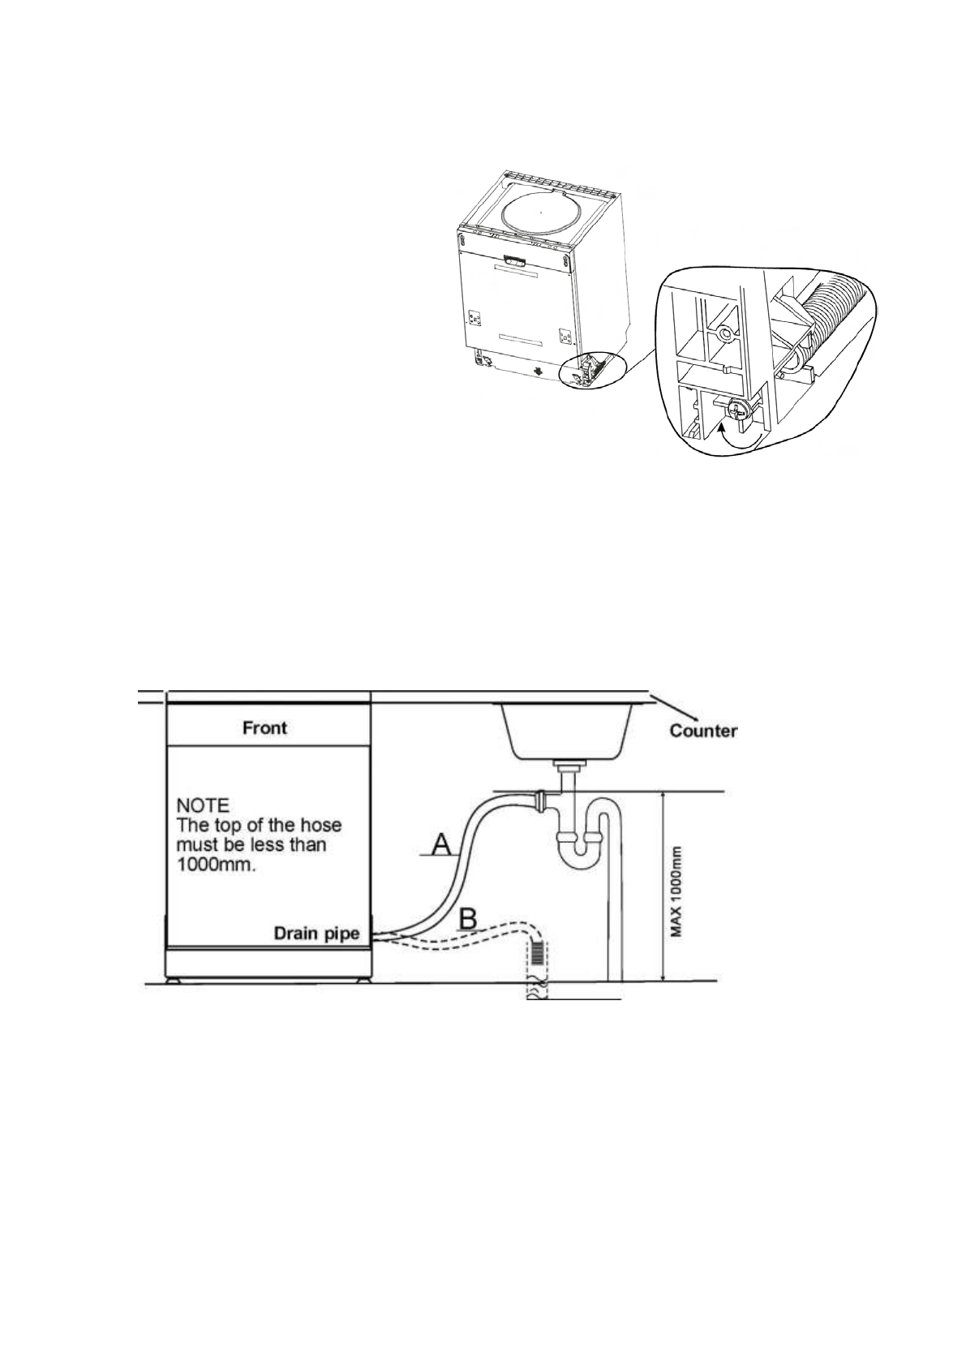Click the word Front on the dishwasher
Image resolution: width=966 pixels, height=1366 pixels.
(265, 728)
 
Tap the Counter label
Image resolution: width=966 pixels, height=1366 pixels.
(702, 731)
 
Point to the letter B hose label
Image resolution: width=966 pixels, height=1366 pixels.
(468, 919)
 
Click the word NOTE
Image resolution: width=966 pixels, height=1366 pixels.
(203, 806)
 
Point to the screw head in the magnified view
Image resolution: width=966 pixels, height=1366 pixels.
(739, 410)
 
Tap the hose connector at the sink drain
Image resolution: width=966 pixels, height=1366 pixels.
(538, 799)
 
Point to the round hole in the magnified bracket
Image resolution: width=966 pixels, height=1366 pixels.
(722, 333)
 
